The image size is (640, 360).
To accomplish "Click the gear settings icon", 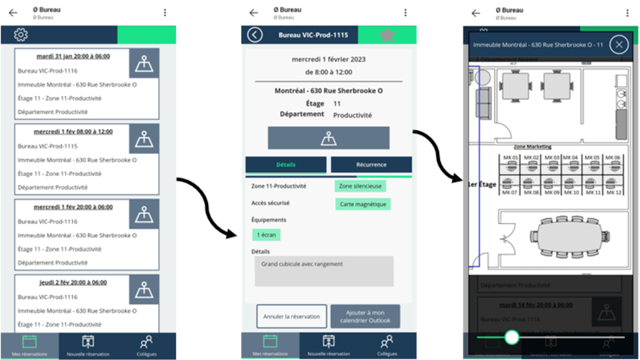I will click(x=21, y=35).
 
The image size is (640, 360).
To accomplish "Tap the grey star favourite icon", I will click(x=387, y=35).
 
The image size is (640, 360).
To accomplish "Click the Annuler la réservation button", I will click(x=291, y=316).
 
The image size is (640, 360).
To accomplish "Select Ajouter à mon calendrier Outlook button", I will click(x=365, y=316).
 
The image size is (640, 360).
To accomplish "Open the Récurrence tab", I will click(x=371, y=164).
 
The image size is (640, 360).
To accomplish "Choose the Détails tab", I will click(x=285, y=164).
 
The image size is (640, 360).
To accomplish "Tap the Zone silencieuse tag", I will click(x=360, y=186).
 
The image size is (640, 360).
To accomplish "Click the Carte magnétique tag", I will click(x=362, y=204).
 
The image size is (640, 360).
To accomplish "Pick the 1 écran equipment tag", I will click(x=266, y=234).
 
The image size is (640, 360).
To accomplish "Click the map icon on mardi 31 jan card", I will click(x=144, y=63).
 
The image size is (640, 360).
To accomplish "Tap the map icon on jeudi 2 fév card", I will click(x=144, y=289).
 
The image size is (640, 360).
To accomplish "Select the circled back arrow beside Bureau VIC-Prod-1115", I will click(x=255, y=35).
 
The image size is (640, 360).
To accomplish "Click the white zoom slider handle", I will click(x=511, y=337).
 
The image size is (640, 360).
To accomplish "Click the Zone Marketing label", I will click(x=532, y=146).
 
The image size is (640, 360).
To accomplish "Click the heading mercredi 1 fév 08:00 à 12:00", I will click(x=73, y=131).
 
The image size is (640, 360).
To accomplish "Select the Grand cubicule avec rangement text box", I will click(x=324, y=271).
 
